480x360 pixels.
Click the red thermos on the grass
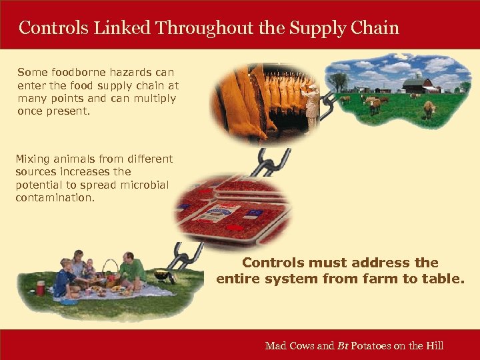click(x=41, y=289)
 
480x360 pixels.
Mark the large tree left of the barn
click(x=339, y=81)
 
